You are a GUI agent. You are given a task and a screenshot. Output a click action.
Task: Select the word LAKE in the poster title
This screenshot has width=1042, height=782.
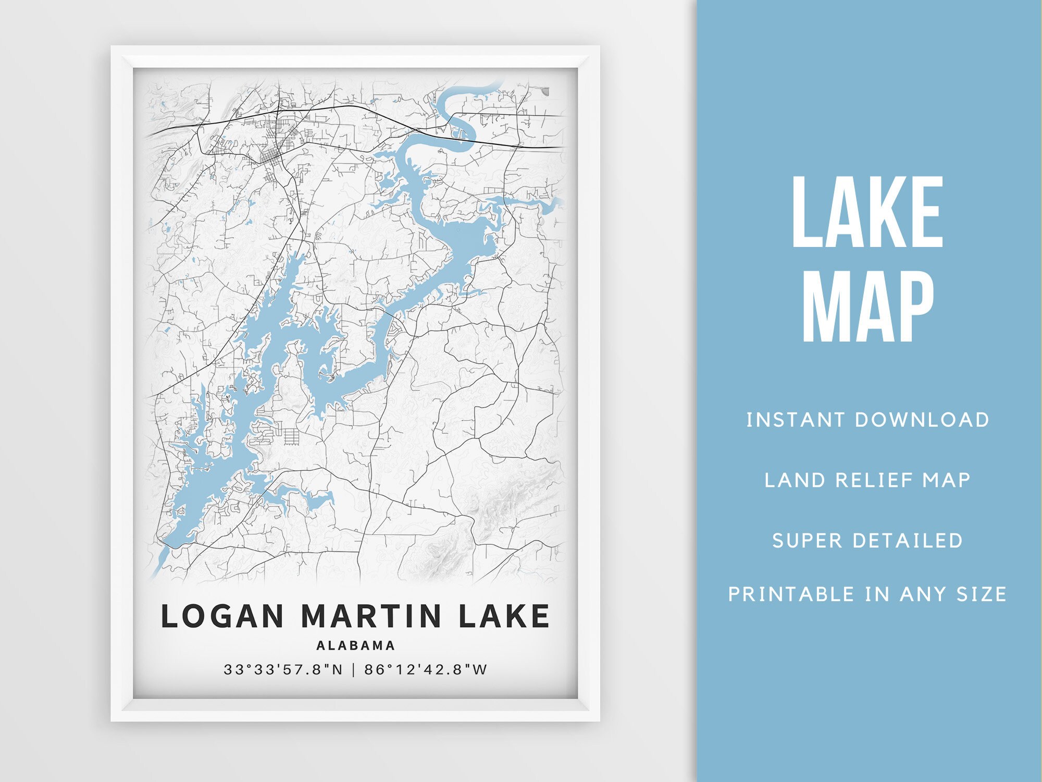pyautogui.click(x=504, y=616)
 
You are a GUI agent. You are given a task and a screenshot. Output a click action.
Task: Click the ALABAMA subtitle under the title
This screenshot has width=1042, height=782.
pyautogui.click(x=356, y=645)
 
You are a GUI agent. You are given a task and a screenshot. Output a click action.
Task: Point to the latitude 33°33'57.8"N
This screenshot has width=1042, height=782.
pyautogui.click(x=283, y=669)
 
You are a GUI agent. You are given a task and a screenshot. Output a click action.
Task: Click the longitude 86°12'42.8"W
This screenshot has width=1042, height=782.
pyautogui.click(x=426, y=669)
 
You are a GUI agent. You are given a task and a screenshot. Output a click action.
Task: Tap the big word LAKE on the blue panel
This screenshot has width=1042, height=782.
pyautogui.click(x=867, y=212)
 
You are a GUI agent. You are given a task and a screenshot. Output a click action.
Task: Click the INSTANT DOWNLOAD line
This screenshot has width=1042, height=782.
pyautogui.click(x=867, y=420)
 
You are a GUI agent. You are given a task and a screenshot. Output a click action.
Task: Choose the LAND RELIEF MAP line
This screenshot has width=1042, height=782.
pyautogui.click(x=867, y=480)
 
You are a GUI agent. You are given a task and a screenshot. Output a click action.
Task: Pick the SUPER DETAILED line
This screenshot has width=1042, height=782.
pyautogui.click(x=867, y=541)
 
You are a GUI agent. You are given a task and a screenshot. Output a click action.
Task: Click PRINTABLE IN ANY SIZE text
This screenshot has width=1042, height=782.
pyautogui.click(x=867, y=594)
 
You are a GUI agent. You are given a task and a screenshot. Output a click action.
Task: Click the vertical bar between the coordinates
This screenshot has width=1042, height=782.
pyautogui.click(x=354, y=669)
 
